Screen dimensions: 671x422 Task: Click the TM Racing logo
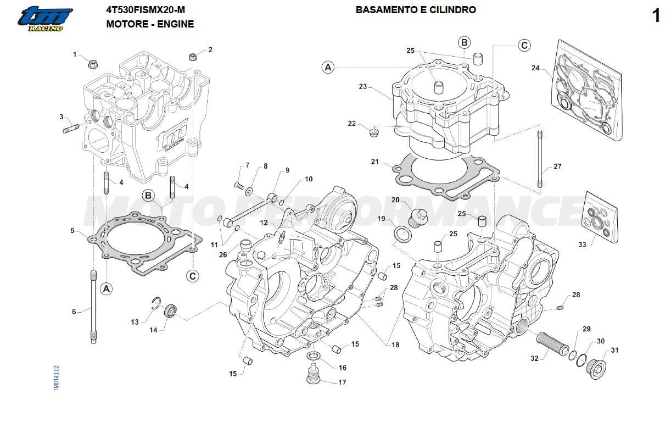45,19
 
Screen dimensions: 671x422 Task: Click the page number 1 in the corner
656,16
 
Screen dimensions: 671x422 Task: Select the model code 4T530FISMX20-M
146,10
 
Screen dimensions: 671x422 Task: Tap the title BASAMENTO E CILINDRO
416,10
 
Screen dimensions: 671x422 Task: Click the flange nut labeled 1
93,64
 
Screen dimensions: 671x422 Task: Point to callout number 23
363,87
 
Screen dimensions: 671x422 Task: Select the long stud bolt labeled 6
93,307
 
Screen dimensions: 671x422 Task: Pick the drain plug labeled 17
314,374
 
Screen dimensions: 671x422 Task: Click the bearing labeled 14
171,310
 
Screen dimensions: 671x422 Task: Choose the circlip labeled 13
156,302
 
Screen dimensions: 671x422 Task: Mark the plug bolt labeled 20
417,219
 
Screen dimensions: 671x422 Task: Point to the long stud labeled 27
540,159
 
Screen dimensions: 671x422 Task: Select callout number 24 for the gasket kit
535,68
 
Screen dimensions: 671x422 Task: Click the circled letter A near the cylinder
328,67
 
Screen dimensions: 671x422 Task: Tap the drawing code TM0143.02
57,378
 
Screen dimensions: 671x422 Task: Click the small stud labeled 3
71,129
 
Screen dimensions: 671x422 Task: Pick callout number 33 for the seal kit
582,245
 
